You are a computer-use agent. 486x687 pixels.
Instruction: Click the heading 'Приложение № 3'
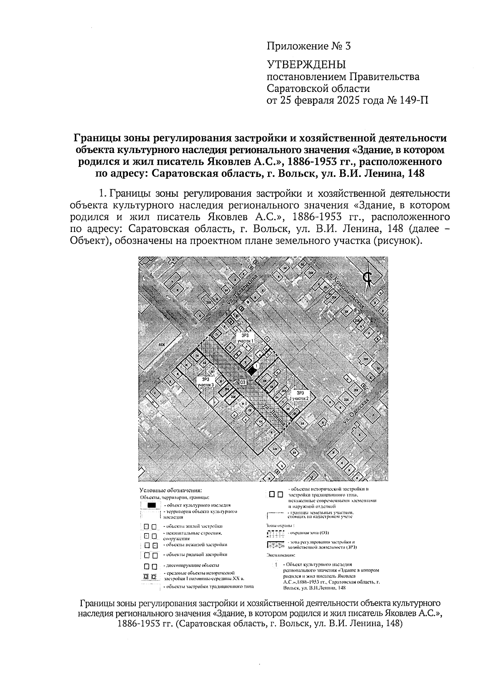pyautogui.click(x=308, y=46)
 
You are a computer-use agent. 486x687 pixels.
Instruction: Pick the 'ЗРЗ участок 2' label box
pyautogui.click(x=301, y=396)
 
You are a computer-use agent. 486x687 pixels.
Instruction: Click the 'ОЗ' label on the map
pyautogui.click(x=243, y=382)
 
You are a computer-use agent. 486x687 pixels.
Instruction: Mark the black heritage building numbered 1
pyautogui.click(x=252, y=369)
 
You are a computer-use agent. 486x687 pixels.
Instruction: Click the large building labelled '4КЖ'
pyautogui.click(x=162, y=345)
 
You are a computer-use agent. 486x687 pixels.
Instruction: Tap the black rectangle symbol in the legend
pyautogui.click(x=151, y=505)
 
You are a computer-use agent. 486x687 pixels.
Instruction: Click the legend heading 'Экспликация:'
pyautogui.click(x=281, y=555)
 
